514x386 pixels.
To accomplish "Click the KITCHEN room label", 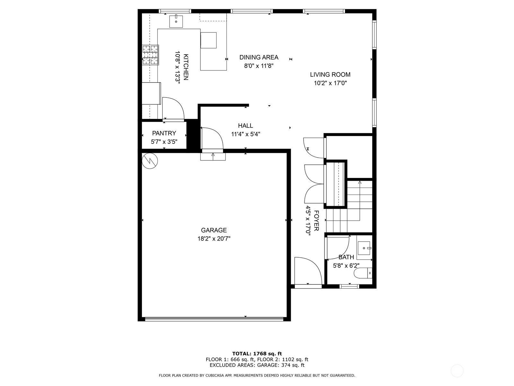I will tap(186, 67).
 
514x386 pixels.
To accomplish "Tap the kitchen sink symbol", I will tap(176, 21).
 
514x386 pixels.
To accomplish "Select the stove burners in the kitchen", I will tap(151, 55).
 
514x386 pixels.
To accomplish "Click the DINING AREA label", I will tap(259, 57).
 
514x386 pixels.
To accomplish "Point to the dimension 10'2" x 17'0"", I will tap(330, 83).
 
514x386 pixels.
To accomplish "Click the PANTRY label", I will tap(164, 133).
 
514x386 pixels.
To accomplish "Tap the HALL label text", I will tap(245, 126).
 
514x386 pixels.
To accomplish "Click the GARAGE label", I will tap(214, 230).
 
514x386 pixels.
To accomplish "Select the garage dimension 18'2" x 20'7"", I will tap(214, 239).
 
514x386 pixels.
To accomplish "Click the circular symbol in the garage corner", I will tap(150, 161).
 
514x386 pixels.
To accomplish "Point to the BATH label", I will tap(346, 257).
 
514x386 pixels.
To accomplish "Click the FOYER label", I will tap(316, 220).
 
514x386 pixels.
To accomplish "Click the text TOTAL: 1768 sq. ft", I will tap(257, 354).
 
